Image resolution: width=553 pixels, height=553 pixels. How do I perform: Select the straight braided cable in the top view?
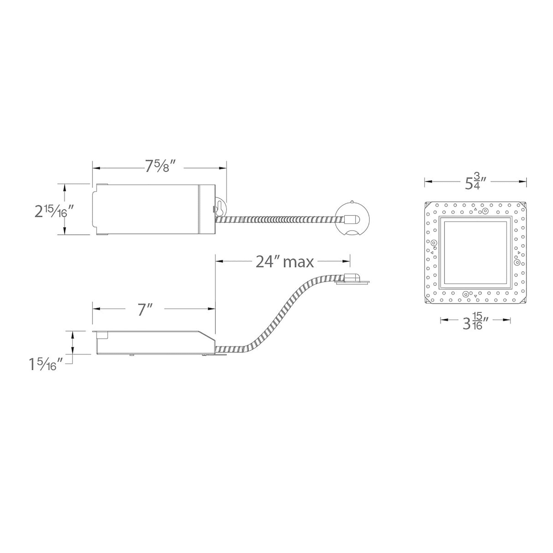[x=280, y=220]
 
